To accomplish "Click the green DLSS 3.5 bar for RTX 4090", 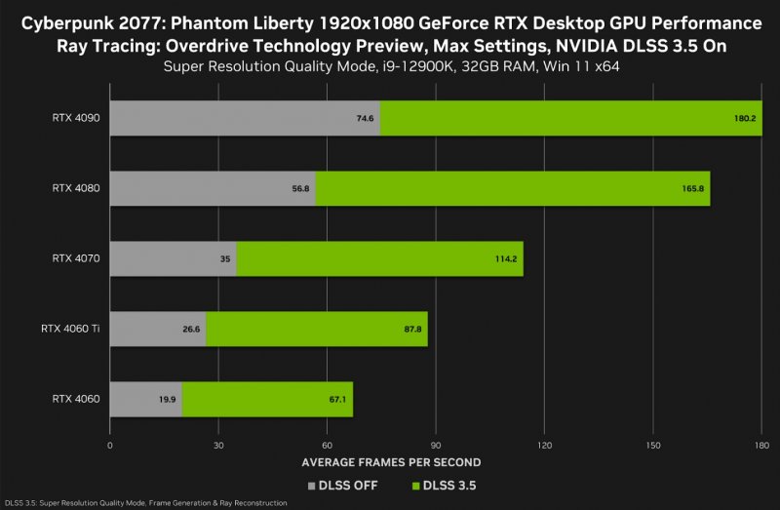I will (x=570, y=117).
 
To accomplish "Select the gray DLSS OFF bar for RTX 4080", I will (x=213, y=187).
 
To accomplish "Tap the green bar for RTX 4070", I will (x=380, y=258).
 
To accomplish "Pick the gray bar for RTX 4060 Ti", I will (x=157, y=329).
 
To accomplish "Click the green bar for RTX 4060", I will (x=267, y=399).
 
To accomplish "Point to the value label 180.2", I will (x=745, y=118).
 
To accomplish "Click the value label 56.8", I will (x=299, y=188).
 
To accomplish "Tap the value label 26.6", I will (x=190, y=330).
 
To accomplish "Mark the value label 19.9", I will (x=166, y=400).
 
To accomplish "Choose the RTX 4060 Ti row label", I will (x=63, y=329).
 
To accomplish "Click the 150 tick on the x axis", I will (x=652, y=444).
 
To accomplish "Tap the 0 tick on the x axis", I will (x=110, y=444).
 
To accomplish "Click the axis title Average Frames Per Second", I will (x=391, y=462).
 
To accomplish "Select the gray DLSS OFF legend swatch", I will (x=312, y=485).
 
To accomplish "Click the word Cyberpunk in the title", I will (x=66, y=22).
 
